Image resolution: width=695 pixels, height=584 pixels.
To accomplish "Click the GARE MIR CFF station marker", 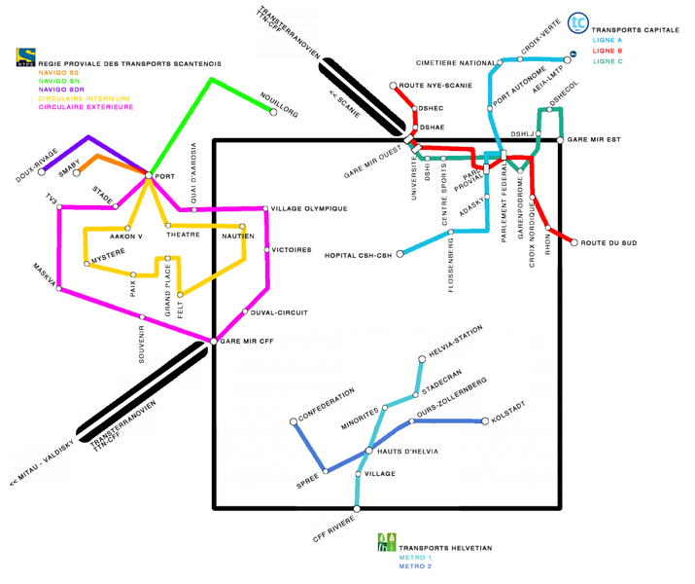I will point(212,340).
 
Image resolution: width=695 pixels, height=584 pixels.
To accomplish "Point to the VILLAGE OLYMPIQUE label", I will point(309,208).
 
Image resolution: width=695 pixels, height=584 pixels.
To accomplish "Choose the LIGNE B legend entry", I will point(607,51).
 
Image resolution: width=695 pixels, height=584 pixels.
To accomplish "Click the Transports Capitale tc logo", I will point(577,22).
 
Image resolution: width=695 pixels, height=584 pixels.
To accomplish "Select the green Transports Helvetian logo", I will point(387,541).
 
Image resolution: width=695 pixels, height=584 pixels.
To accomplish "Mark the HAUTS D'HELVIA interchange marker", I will point(368,450).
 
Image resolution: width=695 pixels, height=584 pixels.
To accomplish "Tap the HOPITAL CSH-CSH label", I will point(357,256).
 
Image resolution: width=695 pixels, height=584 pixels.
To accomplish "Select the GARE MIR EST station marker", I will point(561,140).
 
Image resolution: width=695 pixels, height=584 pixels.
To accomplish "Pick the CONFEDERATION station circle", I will point(293,421).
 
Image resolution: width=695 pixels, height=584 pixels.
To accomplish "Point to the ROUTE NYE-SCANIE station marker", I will point(394,86).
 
